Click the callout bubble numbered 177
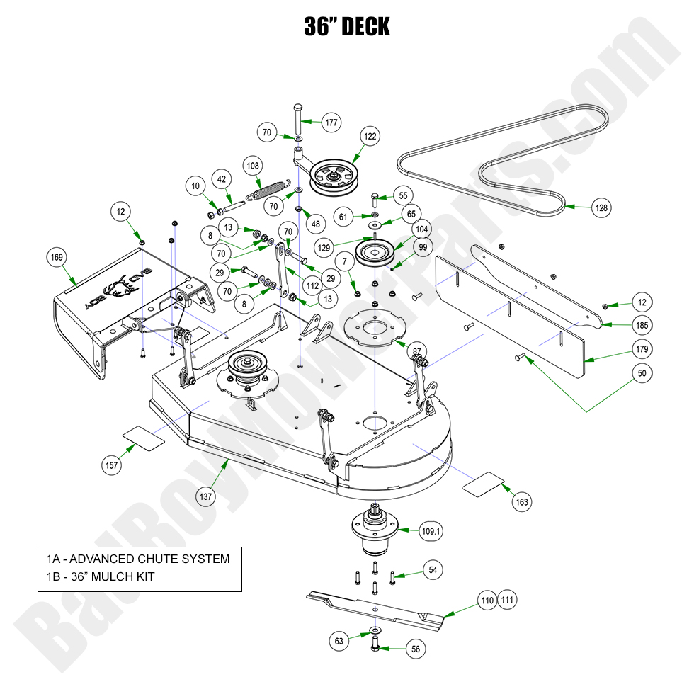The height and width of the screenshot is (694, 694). [331, 122]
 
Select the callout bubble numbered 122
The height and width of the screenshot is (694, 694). [370, 136]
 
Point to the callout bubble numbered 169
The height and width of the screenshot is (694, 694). [56, 256]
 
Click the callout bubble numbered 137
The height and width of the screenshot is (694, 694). [205, 496]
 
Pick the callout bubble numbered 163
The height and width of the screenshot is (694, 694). [521, 502]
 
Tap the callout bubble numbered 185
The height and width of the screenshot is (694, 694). [642, 326]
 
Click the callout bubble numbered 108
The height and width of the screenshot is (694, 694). [253, 166]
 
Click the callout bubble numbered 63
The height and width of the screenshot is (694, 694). [339, 642]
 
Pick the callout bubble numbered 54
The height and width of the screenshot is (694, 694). [433, 570]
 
